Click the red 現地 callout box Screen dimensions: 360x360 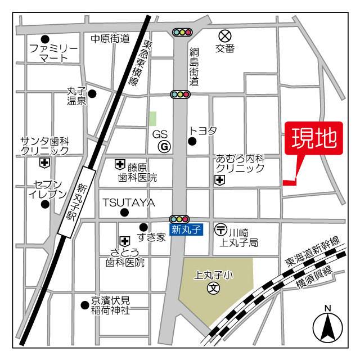click(x=314, y=138)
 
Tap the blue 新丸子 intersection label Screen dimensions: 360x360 click(x=186, y=229)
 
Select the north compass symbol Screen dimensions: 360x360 click(x=328, y=325)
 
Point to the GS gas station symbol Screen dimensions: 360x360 click(x=165, y=147)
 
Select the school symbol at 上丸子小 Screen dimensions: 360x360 click(x=214, y=289)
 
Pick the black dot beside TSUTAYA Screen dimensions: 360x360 click(x=125, y=212)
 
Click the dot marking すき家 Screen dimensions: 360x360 click(x=143, y=227)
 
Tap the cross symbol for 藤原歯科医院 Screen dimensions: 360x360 click(x=120, y=164)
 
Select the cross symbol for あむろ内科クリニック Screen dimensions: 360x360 click(x=219, y=180)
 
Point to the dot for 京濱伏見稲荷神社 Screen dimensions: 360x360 click(x=85, y=305)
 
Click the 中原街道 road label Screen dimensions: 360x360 click(x=110, y=38)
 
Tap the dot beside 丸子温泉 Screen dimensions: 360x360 click(x=92, y=93)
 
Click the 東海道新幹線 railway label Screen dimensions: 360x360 click(x=313, y=251)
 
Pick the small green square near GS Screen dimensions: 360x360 click(x=152, y=119)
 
